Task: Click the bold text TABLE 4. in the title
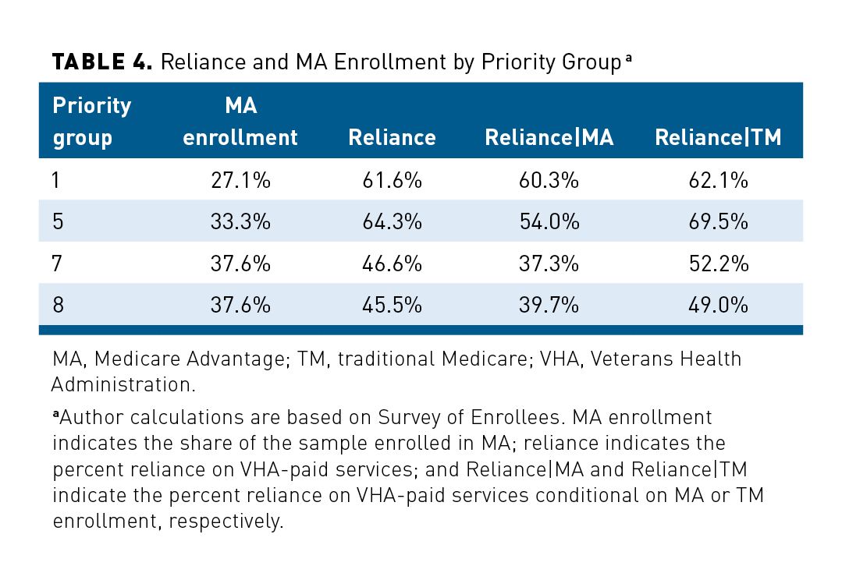point(101,62)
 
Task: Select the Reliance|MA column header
point(549,137)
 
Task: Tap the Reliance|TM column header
point(718,137)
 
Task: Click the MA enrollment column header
point(240,122)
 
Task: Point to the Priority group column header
point(91,122)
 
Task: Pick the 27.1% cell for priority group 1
point(240,180)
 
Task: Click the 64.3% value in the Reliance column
point(392,221)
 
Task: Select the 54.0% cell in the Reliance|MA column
point(549,221)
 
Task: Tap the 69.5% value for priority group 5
point(718,221)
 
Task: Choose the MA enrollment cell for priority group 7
point(240,263)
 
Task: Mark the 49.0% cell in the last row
point(718,305)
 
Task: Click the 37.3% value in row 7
point(549,263)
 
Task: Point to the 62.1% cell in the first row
point(718,180)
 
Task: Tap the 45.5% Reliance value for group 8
point(392,305)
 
